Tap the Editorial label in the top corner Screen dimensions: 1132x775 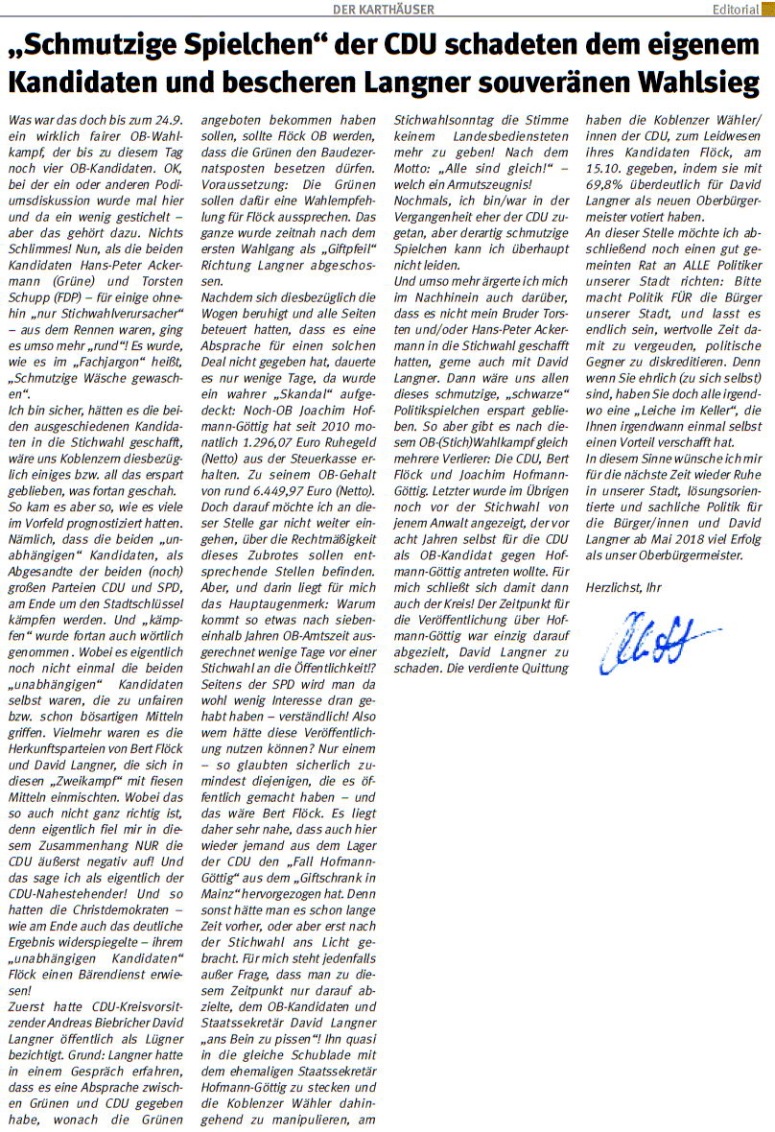(736, 10)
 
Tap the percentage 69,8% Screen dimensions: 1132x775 (606, 182)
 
